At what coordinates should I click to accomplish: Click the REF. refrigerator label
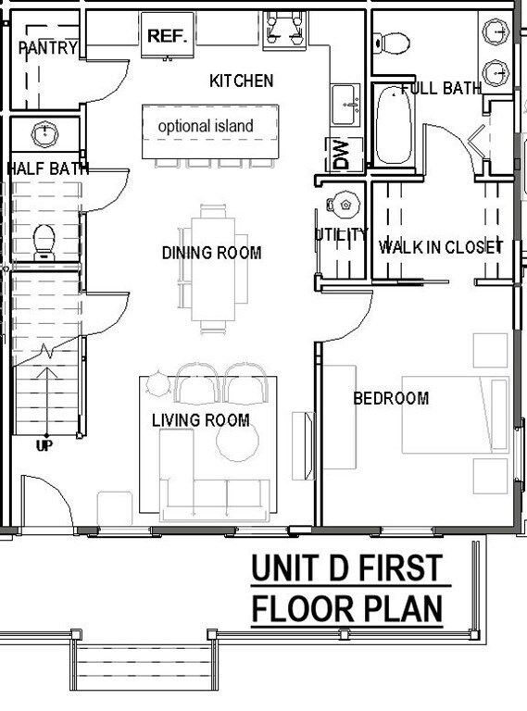click(x=167, y=36)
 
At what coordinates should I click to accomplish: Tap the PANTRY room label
click(x=47, y=47)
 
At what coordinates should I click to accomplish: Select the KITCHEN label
click(x=242, y=81)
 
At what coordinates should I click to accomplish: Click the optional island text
click(x=205, y=126)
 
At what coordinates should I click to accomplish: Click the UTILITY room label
click(x=341, y=235)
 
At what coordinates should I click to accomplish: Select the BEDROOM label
click(x=391, y=399)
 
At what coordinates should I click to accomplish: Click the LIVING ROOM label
click(x=201, y=420)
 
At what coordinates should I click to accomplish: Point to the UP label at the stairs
click(x=44, y=446)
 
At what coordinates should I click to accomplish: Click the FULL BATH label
click(x=441, y=90)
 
